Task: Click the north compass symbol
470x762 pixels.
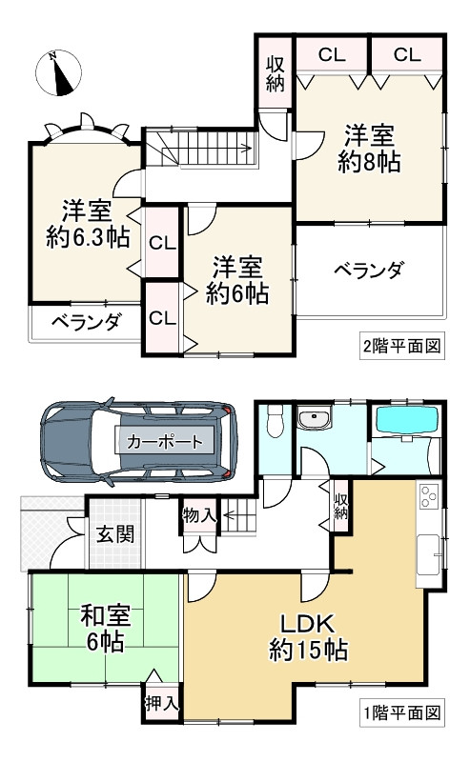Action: pyautogui.click(x=58, y=73)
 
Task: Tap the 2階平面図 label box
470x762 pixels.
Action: pyautogui.click(x=402, y=346)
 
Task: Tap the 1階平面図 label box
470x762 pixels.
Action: pyautogui.click(x=402, y=712)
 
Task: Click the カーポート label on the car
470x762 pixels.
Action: pyautogui.click(x=164, y=442)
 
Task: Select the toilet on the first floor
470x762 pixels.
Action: pyautogui.click(x=276, y=419)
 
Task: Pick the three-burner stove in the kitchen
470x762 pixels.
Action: pyautogui.click(x=429, y=496)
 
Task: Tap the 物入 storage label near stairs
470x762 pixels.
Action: pyautogui.click(x=199, y=516)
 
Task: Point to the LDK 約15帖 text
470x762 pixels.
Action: pyautogui.click(x=308, y=637)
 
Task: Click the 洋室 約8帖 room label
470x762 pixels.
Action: pyautogui.click(x=369, y=149)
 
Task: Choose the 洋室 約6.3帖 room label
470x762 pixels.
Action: pyautogui.click(x=88, y=224)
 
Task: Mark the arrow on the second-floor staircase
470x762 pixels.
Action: pyautogui.click(x=218, y=149)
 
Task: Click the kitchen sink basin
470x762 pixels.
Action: pyautogui.click(x=428, y=554)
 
